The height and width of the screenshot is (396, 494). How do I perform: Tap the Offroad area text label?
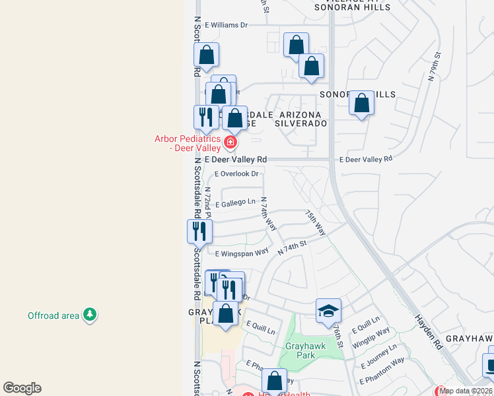pos(53,315)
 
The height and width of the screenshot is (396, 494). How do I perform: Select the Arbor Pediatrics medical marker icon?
pos(230,143)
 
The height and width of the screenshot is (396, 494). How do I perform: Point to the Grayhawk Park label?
pos(305,350)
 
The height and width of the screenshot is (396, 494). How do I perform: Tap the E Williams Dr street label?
pos(226,25)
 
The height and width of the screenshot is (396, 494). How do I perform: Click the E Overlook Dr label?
pos(237,174)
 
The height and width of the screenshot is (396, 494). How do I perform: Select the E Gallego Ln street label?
pos(235,202)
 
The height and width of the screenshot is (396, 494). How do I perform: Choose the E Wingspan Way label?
pos(242,252)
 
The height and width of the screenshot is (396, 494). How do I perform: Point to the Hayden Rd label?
pos(428,331)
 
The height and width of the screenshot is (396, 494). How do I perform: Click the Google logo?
pos(22,388)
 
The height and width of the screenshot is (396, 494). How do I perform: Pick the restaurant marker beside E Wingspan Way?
pos(199,231)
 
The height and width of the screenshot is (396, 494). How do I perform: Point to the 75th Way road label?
pos(316,223)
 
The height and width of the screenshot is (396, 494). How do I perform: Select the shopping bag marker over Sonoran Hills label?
pos(361,103)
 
